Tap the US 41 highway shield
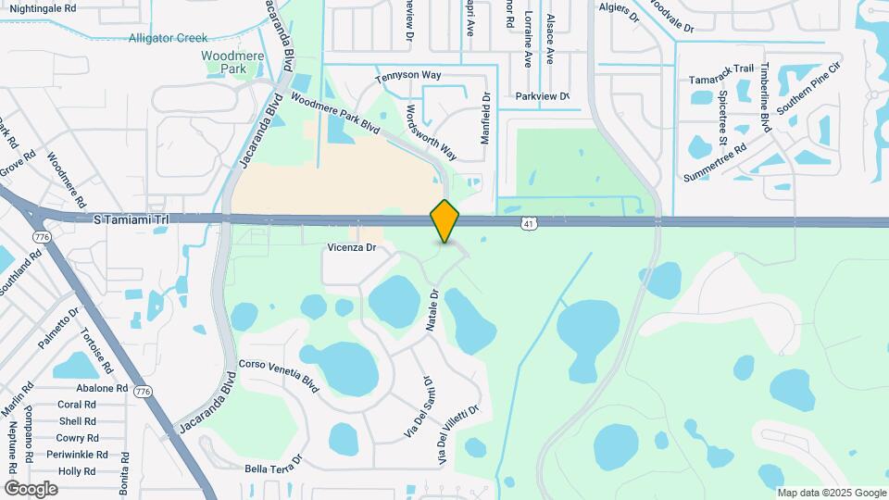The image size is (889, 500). (x=528, y=223)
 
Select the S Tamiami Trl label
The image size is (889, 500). (x=132, y=219)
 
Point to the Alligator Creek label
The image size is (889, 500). (x=169, y=38)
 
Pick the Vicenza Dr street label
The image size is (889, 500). (x=351, y=248)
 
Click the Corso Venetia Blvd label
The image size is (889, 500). (x=279, y=376)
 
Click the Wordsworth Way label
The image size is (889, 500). (x=432, y=130)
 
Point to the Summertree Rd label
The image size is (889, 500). (x=715, y=163)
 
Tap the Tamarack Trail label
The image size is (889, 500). (x=722, y=75)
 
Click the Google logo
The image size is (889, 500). (x=31, y=488)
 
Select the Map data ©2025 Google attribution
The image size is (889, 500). (x=831, y=493)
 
